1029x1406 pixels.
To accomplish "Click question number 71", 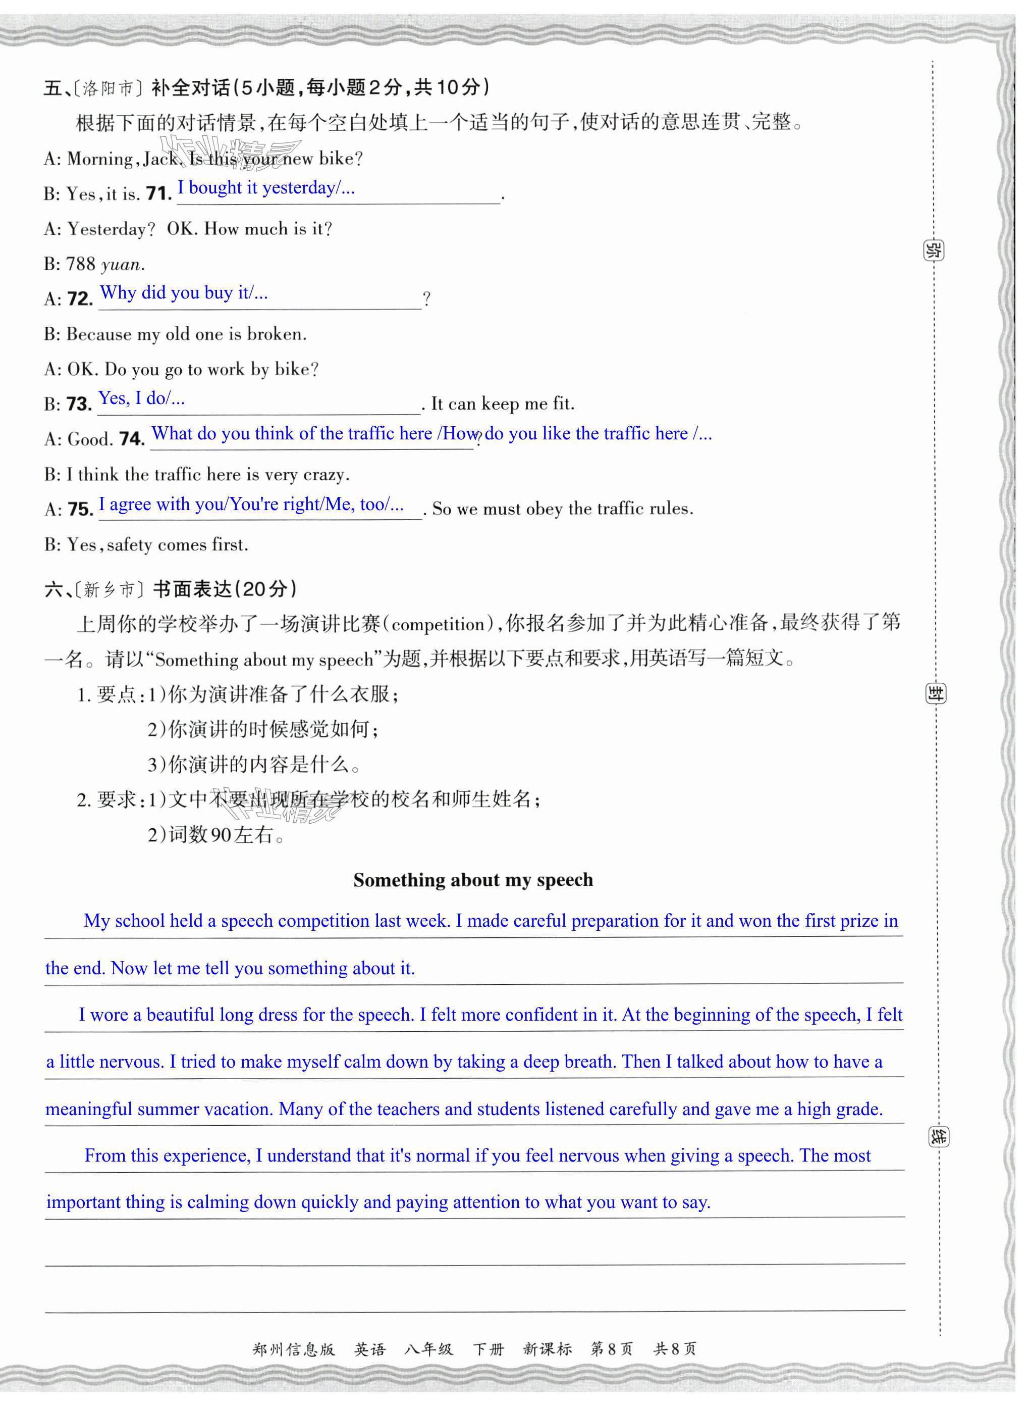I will pyautogui.click(x=159, y=194).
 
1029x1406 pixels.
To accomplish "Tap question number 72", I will pyautogui.click(x=80, y=298).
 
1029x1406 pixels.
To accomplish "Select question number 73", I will pyautogui.click(x=79, y=404).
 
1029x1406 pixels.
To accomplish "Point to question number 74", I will pyautogui.click(x=131, y=439).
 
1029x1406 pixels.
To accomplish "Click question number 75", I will pyautogui.click(x=80, y=509).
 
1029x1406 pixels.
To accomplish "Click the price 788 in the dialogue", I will pyautogui.click(x=80, y=264).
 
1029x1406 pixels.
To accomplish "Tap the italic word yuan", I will pyautogui.click(x=122, y=265).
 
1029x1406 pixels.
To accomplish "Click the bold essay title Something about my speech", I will pyautogui.click(x=473, y=879).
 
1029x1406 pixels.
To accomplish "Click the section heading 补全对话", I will pyautogui.click(x=191, y=88).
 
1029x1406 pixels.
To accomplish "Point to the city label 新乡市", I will pyautogui.click(x=109, y=589).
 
